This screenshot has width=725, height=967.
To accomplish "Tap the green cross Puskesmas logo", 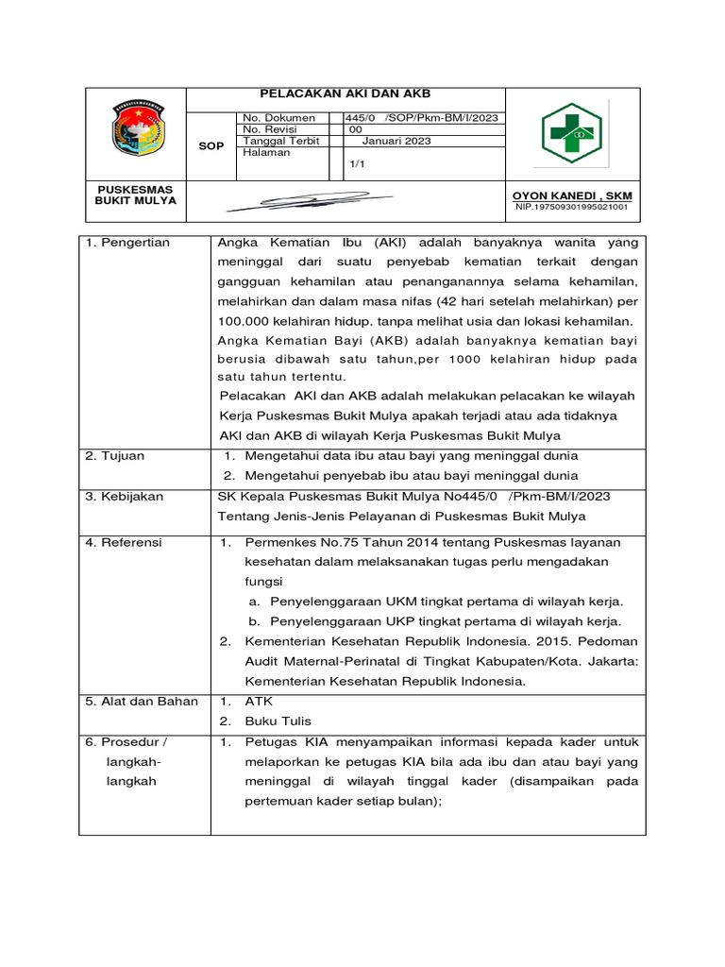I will coord(572,133).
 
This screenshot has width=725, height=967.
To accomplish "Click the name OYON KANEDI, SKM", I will coord(571,195).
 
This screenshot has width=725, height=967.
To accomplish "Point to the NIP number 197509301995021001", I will coord(572,207).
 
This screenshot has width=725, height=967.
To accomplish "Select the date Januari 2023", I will coord(396,141).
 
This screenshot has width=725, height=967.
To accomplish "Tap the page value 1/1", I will coord(357,163).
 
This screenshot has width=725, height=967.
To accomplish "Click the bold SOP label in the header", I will coord(211,146).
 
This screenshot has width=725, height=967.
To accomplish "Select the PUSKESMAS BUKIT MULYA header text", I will coord(136,195).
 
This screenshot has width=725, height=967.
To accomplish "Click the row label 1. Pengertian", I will coord(127,243).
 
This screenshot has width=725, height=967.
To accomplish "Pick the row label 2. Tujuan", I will coord(115,456).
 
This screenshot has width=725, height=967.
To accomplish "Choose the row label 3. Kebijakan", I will coord(125,496).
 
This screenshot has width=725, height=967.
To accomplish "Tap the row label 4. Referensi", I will coord(124,542).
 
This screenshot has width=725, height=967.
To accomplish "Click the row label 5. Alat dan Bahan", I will coord(142,701).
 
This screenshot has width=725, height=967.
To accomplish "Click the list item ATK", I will coord(258,702).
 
